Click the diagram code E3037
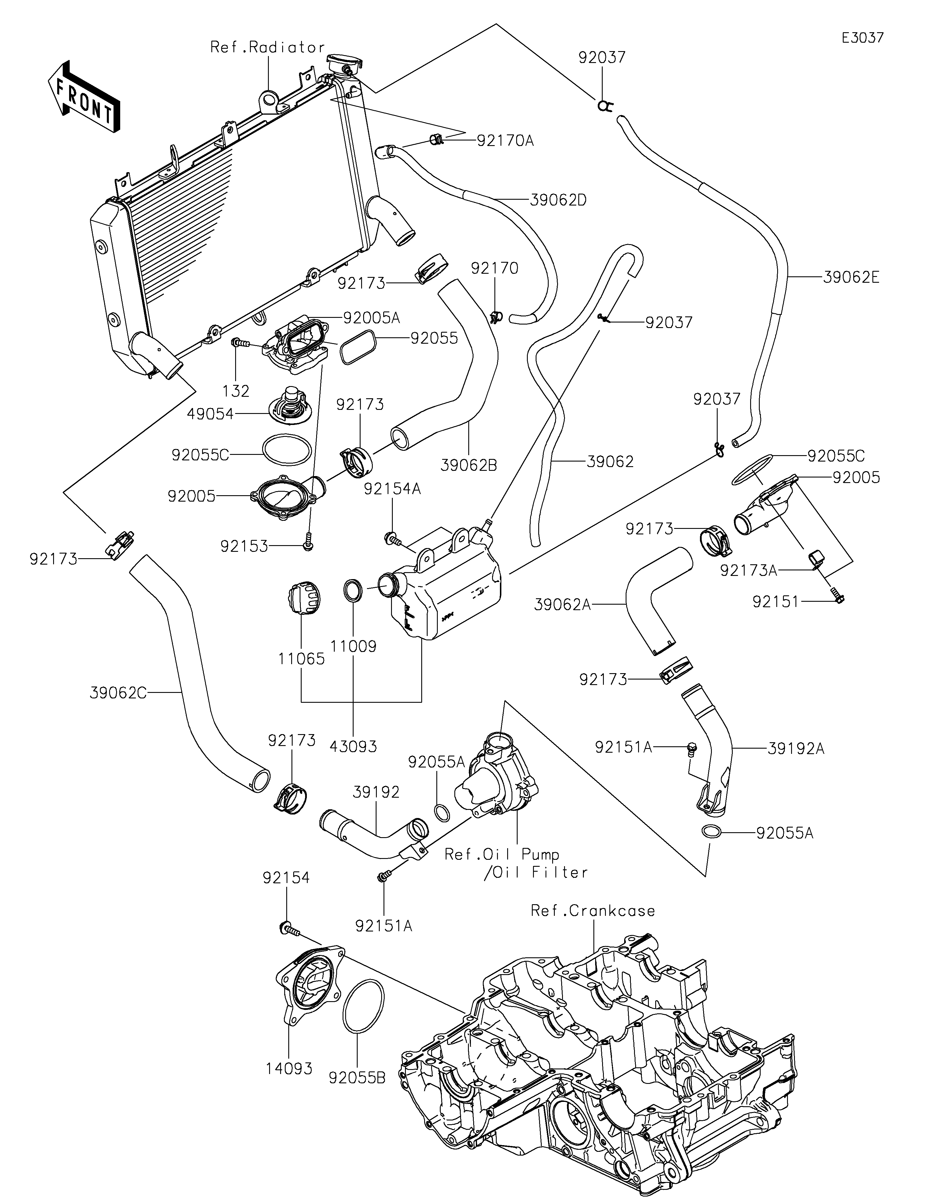click(x=863, y=38)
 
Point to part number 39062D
click(x=558, y=200)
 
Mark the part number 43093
click(x=353, y=746)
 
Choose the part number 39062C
click(x=118, y=693)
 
